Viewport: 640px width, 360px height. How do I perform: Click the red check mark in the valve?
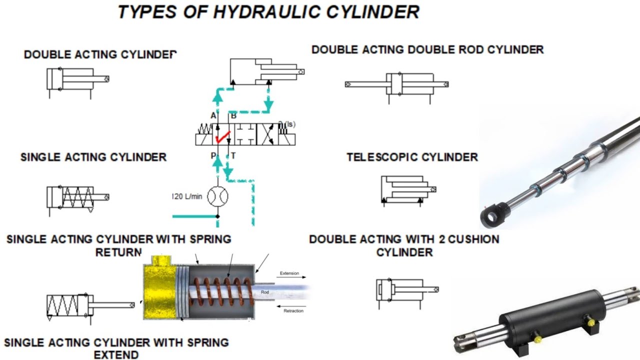coord(221,134)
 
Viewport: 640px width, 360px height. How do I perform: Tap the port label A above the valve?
coord(213,116)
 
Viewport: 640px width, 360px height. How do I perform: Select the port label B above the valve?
coord(233,116)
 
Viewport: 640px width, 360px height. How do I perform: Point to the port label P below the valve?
coord(213,156)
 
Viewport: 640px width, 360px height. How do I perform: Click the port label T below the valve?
coord(233,156)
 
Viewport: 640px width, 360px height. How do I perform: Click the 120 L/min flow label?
coord(187,196)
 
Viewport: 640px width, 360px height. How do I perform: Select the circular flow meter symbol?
coord(217,196)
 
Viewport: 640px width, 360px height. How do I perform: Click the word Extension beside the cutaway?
coord(289,273)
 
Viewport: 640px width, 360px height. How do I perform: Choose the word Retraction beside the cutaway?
coord(293,310)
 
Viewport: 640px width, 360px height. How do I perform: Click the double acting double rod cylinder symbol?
coord(396,85)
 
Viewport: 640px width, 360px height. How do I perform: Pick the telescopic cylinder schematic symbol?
coord(407,190)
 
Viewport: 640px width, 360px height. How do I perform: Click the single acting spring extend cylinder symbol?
coord(90,305)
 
